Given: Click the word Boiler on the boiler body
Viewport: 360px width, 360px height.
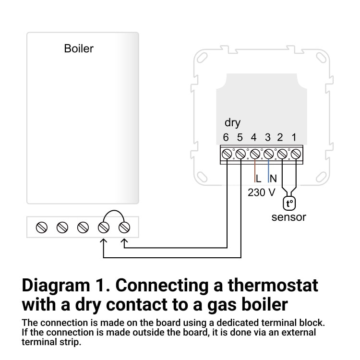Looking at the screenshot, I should pos(79,48).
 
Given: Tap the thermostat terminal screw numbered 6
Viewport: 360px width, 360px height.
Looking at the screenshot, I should pos(227,154).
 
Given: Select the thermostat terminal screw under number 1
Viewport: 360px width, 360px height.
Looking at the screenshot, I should pos(296,154).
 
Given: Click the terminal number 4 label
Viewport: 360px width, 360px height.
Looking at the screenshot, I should pos(254,138).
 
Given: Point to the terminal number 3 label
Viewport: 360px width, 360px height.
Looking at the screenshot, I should pos(268,138).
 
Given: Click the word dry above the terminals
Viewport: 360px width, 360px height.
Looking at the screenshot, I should pos(232,123).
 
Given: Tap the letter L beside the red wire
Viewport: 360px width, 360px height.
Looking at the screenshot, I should pos(259,179).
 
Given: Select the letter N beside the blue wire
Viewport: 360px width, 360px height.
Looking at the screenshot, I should pos(273,179).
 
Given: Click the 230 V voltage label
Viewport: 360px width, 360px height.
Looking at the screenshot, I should pos(261,193).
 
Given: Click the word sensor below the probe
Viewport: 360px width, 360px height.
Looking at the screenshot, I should pos(288,217).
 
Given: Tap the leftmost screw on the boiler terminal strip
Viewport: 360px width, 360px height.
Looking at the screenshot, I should pos(41,227).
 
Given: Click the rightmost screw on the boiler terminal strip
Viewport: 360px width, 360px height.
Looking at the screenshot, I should pos(124,227).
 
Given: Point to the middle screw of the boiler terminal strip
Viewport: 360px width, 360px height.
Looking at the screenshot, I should pos(83,227).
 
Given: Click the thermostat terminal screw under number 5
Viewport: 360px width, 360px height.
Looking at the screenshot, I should pos(240,154).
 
